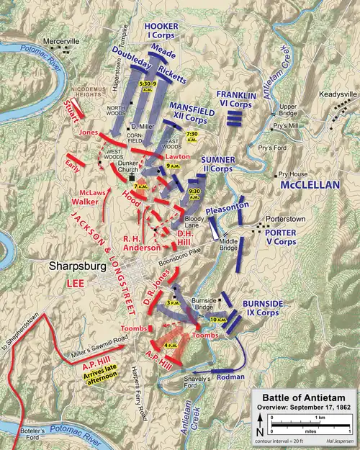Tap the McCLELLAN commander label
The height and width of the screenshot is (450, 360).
click(310, 184)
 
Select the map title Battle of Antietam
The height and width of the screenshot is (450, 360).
click(304, 400)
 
